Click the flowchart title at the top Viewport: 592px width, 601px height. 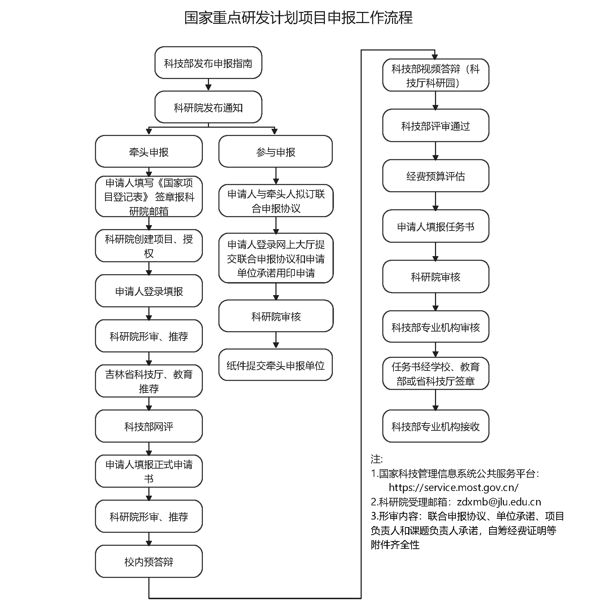[298, 18]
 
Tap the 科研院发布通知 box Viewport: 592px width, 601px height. [208, 107]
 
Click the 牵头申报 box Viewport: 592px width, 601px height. [149, 152]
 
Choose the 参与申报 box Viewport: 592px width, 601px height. [275, 152]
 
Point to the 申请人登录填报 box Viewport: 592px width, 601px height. [149, 291]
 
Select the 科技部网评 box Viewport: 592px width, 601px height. [149, 426]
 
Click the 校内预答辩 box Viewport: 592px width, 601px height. [149, 562]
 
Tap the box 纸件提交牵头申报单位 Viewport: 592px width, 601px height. [275, 365]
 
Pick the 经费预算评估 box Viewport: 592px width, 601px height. [435, 176]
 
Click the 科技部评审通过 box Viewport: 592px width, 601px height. [435, 126]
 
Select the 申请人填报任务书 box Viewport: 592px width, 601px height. [435, 227]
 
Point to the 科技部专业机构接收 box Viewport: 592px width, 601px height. [435, 426]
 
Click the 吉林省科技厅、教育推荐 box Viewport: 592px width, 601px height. [149, 381]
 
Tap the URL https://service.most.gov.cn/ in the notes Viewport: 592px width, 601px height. [453, 487]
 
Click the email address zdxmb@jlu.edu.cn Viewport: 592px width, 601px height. [499, 502]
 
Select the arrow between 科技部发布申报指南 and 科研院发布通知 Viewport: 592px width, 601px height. [208, 85]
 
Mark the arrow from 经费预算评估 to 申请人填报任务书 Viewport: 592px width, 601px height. [435, 201]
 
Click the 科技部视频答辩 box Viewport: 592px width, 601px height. [435, 75]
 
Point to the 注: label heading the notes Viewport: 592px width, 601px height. [376, 459]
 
